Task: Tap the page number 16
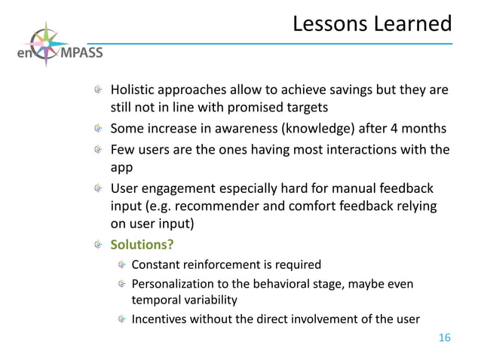click(x=444, y=338)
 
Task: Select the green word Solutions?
click(x=138, y=245)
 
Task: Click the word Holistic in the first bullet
click(x=134, y=90)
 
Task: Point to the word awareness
click(x=240, y=127)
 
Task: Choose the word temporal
click(x=155, y=300)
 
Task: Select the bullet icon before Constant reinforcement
click(x=120, y=265)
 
